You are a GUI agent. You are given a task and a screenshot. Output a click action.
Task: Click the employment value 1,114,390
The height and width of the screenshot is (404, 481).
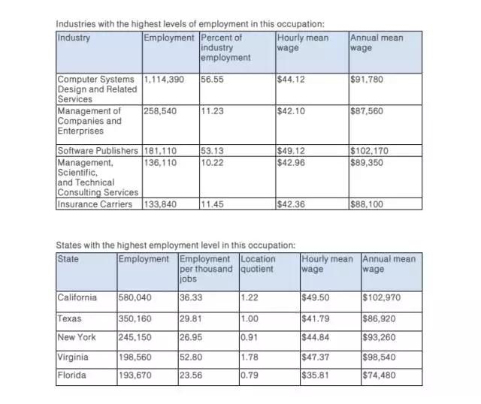162,80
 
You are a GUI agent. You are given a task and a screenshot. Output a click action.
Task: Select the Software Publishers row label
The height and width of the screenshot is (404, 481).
98,150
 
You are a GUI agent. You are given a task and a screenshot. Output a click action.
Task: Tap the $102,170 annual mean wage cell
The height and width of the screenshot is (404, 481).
368,150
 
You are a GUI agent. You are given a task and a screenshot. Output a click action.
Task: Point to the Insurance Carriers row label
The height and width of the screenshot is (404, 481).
95,204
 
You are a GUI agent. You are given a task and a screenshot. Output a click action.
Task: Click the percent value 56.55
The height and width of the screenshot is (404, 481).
211,80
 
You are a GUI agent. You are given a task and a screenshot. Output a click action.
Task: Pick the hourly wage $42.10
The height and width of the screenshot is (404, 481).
291,111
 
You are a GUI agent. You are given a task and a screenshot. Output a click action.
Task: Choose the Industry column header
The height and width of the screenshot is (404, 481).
73,38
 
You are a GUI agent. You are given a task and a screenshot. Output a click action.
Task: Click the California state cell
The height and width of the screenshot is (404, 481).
77,297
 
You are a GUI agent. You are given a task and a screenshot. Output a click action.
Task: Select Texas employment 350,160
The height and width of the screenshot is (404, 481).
136,318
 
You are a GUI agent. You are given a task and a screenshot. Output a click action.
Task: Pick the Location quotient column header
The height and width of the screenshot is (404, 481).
258,264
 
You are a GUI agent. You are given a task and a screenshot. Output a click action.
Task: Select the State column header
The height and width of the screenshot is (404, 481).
68,259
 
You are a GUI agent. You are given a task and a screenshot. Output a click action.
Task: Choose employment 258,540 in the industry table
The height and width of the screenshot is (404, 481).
160,111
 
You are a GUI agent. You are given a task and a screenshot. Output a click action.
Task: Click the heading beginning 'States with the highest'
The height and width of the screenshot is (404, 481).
176,245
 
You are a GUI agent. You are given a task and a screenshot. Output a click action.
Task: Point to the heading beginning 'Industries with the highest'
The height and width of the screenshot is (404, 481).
185,25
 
